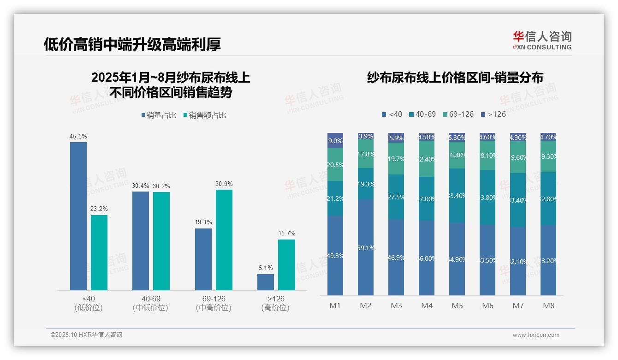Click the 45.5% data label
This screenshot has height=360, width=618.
pyautogui.click(x=78, y=137)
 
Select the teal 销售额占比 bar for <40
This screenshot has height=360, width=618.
pyautogui.click(x=99, y=252)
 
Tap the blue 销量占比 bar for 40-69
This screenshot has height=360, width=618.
pyautogui.click(x=141, y=240)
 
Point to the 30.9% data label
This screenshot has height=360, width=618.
pyautogui.click(x=224, y=184)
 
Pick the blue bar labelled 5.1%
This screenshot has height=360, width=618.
pyautogui.click(x=266, y=282)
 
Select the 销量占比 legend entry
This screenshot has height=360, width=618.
pyautogui.click(x=159, y=115)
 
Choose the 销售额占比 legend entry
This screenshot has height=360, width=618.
pyautogui.click(x=205, y=115)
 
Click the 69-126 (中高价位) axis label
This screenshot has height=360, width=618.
pyautogui.click(x=214, y=303)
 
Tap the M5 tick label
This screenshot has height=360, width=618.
pyautogui.click(x=457, y=306)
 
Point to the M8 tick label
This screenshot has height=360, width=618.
pyautogui.click(x=548, y=306)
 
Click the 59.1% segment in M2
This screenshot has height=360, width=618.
pyautogui.click(x=366, y=247)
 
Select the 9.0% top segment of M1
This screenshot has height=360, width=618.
pyautogui.click(x=335, y=140)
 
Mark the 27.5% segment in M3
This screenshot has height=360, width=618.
pyautogui.click(x=396, y=197)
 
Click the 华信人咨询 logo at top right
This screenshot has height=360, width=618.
pyautogui.click(x=542, y=40)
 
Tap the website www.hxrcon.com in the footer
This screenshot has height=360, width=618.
pyautogui.click(x=536, y=335)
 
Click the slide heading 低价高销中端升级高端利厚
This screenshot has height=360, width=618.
pyautogui.click(x=132, y=44)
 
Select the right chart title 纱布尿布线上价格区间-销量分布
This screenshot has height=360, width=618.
pyautogui.click(x=455, y=78)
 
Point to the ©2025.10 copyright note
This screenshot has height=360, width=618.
pyautogui.click(x=86, y=335)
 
